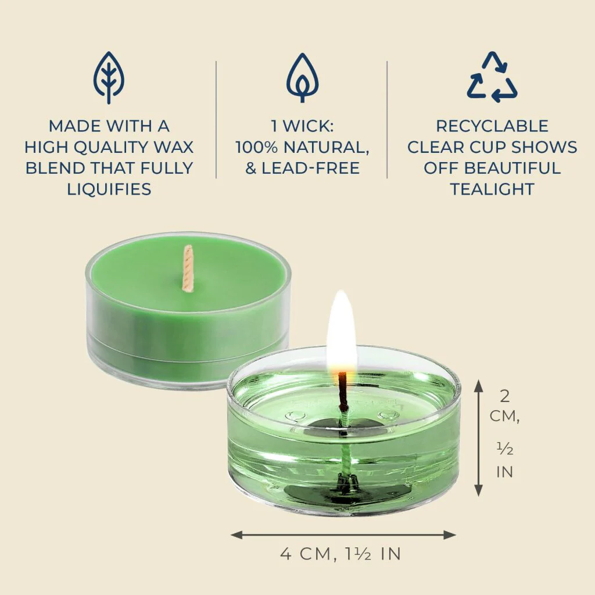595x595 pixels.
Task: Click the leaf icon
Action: [109, 77]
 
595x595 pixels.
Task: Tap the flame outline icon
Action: [302, 78]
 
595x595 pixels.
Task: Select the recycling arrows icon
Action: [492, 77]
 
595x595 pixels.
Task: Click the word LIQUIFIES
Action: [109, 189]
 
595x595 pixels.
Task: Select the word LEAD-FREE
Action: [311, 168]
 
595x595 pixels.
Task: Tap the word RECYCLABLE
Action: [492, 126]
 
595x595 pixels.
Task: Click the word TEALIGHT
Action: [492, 189]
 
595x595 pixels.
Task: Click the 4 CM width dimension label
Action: [340, 554]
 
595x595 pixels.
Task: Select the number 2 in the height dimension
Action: [505, 396]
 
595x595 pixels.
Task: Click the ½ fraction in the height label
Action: [505, 450]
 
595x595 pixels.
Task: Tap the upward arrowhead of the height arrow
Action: [479, 386]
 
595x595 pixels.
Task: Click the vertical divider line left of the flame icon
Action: [216, 120]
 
